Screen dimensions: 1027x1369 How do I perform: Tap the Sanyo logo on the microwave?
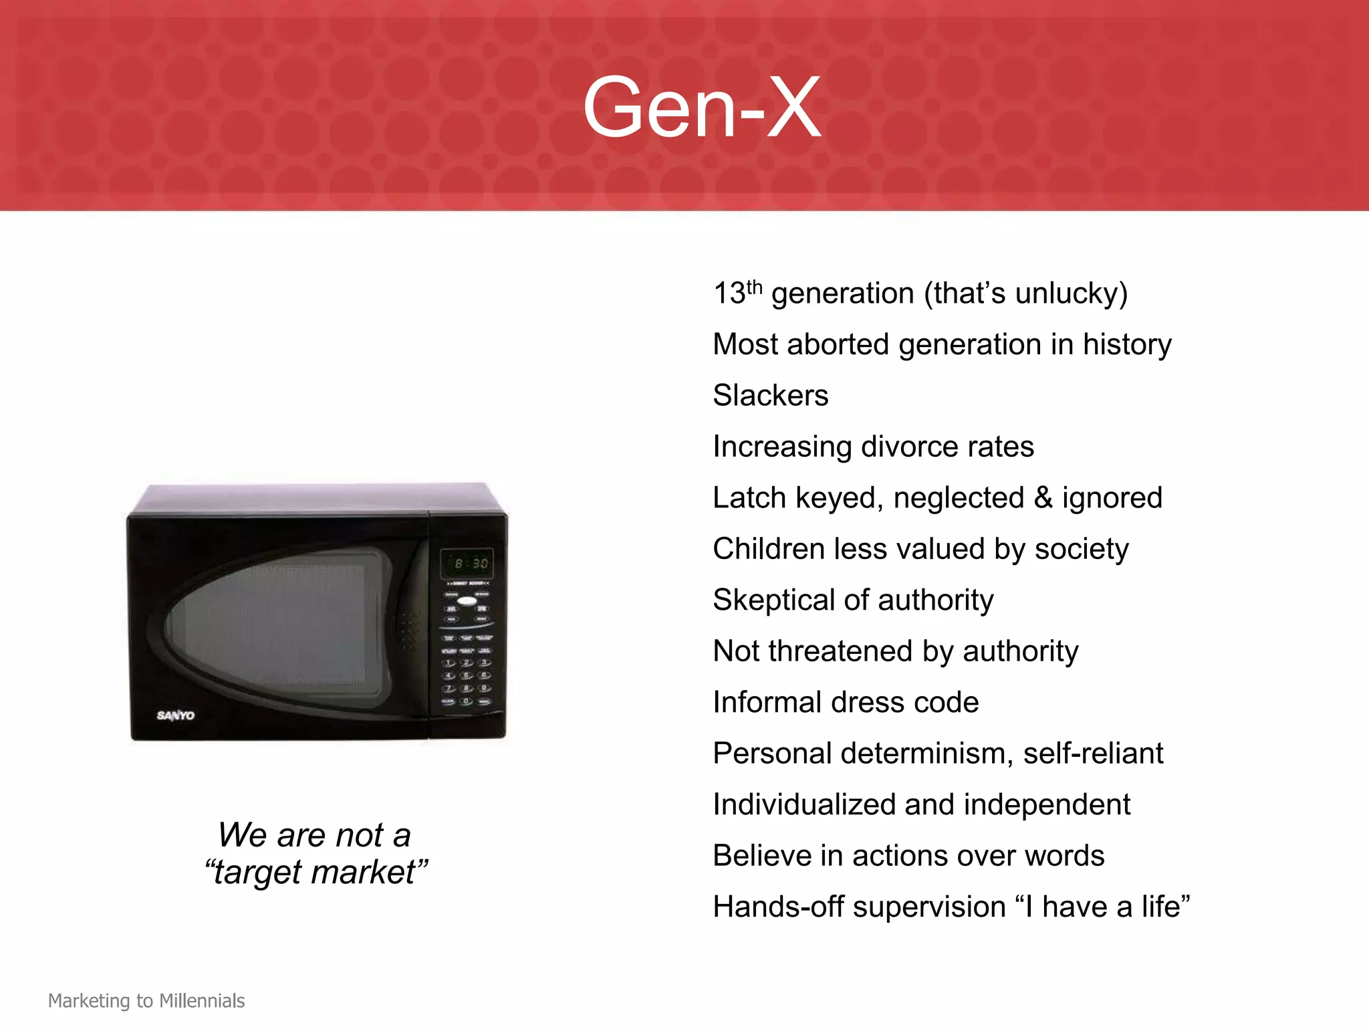[x=175, y=715]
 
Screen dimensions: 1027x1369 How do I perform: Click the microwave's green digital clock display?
[x=467, y=564]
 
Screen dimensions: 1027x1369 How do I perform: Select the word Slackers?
[x=770, y=395]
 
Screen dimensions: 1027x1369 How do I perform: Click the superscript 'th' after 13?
[x=754, y=287]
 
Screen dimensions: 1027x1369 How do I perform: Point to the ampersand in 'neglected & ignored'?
[x=1043, y=498]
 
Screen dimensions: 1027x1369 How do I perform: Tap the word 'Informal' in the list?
[x=767, y=703]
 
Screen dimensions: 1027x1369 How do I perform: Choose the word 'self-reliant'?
[x=1093, y=754]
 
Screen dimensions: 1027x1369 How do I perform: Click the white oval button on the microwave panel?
[x=467, y=601]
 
